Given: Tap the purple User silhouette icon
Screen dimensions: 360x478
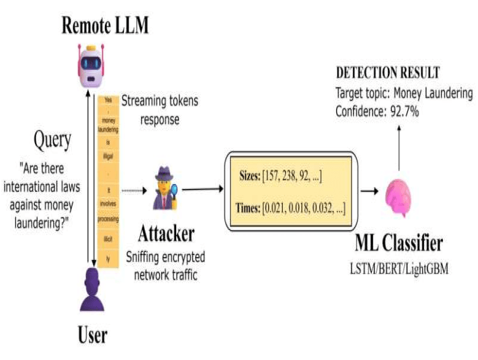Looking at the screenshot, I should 93,294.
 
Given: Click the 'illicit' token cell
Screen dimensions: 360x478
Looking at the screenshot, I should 108,244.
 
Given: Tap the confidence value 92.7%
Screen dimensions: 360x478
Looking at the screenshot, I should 402,112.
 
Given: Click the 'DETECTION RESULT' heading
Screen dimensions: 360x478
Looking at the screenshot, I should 387,74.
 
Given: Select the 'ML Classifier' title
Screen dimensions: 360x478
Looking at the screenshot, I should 398,245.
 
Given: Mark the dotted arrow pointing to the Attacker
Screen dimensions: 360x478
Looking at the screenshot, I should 134,190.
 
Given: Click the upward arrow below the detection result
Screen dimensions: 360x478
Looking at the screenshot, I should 399,147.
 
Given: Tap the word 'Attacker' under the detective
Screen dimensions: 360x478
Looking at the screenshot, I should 166,234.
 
